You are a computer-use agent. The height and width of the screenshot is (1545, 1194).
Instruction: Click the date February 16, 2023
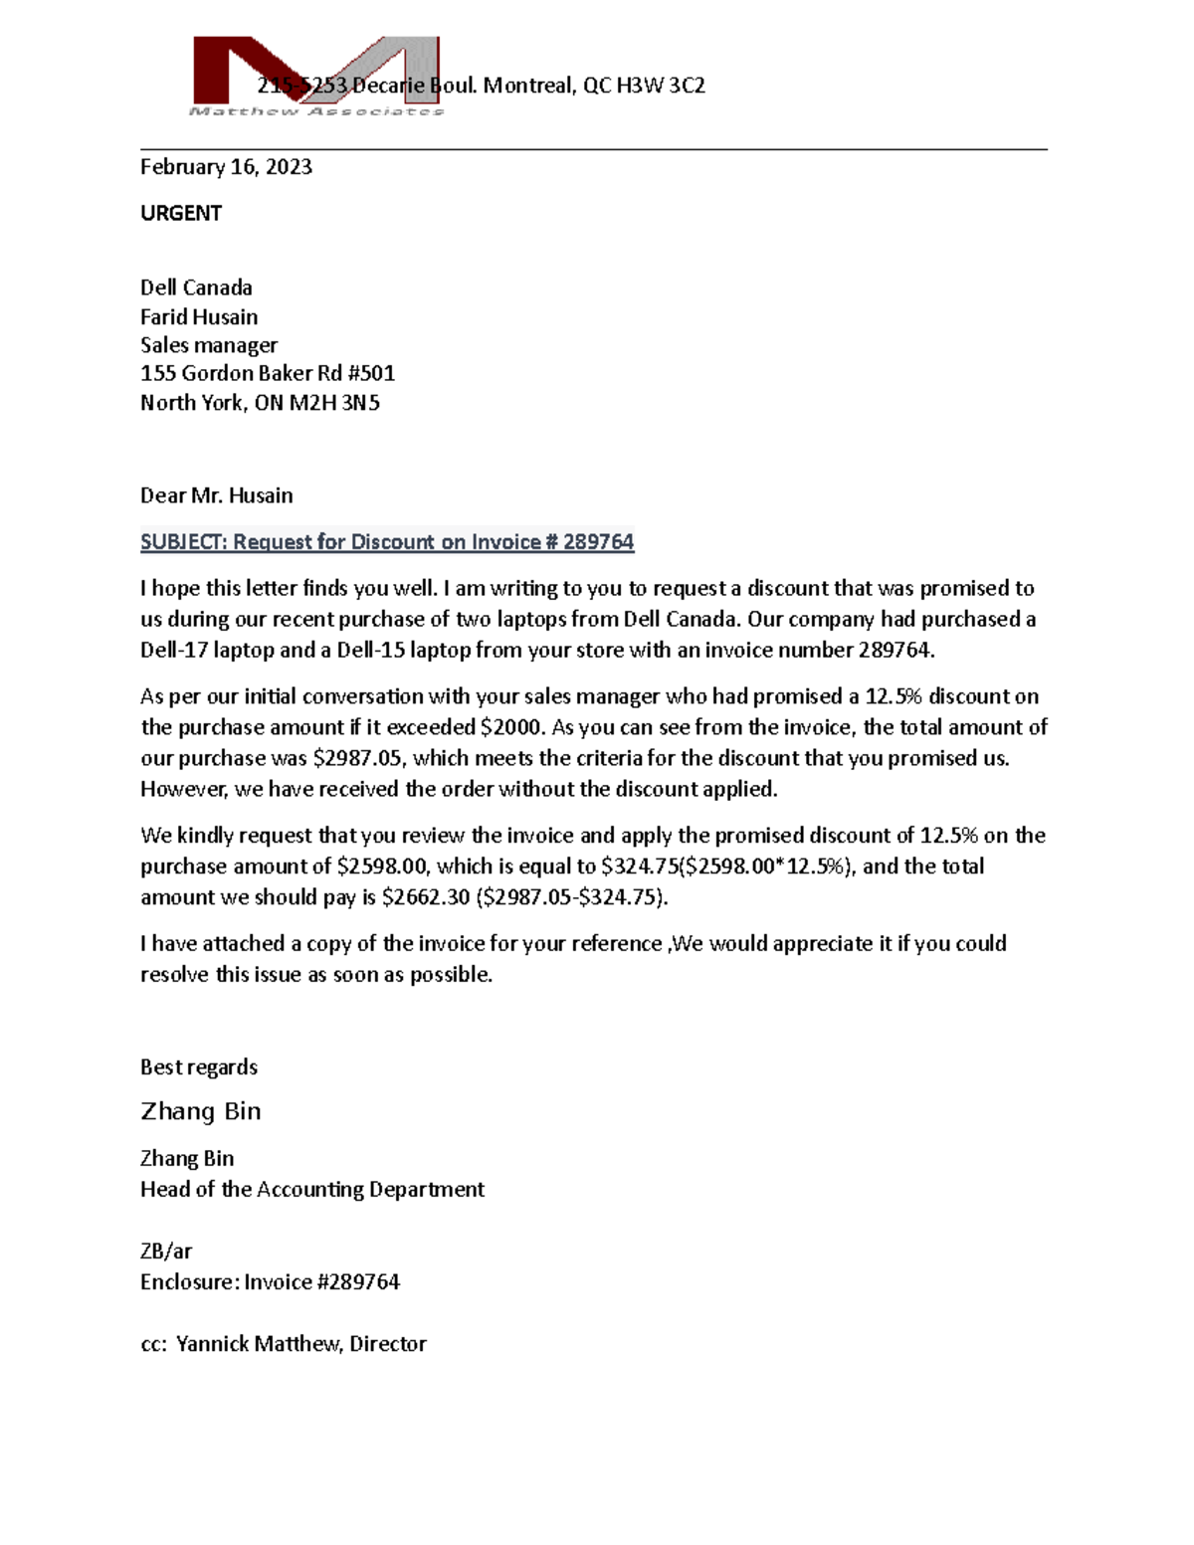point(226,167)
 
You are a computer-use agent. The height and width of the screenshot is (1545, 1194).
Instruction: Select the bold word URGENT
point(181,213)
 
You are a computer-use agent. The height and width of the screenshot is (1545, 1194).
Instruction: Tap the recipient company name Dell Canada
point(196,288)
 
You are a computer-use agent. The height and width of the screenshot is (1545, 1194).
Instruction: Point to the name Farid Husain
point(199,317)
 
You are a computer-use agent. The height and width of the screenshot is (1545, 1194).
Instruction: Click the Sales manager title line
point(209,345)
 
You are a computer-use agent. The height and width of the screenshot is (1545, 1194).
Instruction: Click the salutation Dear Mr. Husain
point(216,495)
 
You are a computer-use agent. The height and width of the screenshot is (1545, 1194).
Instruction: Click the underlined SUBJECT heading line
point(387,542)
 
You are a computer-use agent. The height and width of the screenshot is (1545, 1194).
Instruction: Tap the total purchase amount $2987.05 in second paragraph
point(358,758)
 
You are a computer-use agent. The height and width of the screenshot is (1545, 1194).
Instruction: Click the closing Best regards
point(199,1067)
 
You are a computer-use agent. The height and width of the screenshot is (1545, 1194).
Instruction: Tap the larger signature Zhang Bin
point(201,1111)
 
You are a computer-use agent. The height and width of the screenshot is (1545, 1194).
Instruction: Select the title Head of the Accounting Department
point(312,1190)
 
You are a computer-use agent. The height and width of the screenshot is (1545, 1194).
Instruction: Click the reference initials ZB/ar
point(166,1252)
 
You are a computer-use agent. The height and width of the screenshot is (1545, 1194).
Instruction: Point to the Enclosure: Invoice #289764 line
point(270,1282)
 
